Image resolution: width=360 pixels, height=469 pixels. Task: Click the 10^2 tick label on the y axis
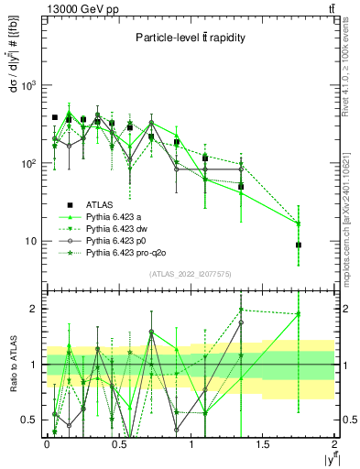27,163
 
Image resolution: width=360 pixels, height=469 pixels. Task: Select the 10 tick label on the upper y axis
31,241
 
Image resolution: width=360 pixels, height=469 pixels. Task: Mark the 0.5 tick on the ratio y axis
30,420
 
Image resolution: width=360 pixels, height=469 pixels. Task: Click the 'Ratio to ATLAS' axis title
12,364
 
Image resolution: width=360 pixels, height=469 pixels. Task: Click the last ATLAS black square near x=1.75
299,245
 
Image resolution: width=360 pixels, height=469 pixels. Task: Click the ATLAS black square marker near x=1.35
241,187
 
